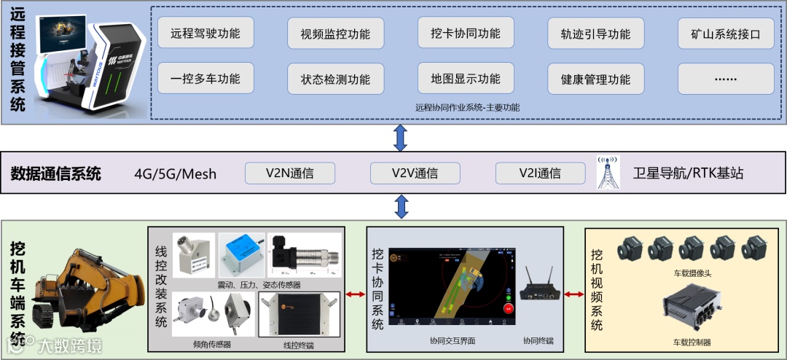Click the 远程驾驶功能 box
205,33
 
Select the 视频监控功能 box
335,34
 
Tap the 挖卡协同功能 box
466,33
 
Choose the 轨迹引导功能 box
595,34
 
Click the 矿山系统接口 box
725,34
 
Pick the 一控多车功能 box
205,79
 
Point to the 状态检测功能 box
335,79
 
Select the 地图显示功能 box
466,79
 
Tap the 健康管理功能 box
595,79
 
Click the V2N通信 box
290,173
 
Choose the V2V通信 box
415,173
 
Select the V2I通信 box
540,173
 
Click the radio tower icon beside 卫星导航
608,172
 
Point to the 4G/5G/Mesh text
176,174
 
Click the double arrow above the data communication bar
400,136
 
